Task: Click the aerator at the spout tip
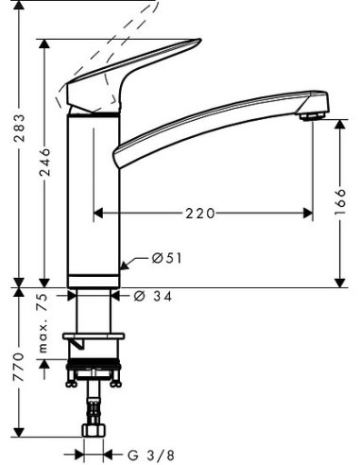pos(309,115)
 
